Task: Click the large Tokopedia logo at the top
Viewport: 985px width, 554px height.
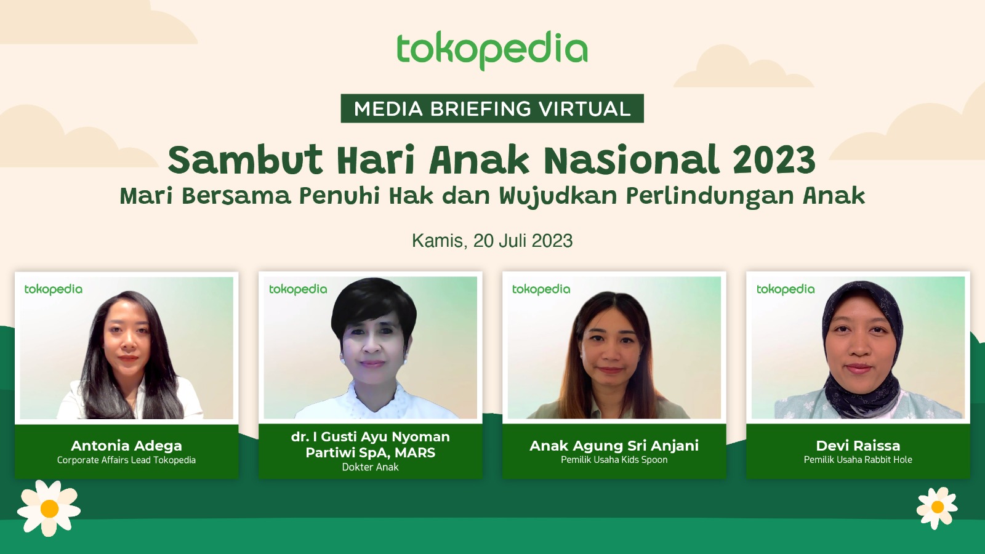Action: point(492,50)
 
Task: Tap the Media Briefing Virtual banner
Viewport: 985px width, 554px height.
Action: point(492,108)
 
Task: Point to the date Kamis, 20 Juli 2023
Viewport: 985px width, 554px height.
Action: point(492,241)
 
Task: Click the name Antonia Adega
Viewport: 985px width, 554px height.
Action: point(127,446)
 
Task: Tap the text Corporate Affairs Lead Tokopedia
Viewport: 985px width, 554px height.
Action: point(127,460)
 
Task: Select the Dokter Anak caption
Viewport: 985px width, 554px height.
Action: point(370,467)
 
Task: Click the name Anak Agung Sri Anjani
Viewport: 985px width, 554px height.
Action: point(614,446)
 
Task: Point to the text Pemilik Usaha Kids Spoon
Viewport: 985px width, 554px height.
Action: point(614,460)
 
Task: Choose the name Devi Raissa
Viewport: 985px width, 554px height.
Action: point(858,446)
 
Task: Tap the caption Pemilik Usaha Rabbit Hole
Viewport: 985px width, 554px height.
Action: point(858,460)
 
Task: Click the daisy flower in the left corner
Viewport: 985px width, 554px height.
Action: point(49,508)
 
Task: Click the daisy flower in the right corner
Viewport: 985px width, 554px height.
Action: point(937,507)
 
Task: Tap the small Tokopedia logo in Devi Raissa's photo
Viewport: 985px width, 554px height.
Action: point(786,289)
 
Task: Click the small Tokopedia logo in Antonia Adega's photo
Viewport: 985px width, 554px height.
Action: point(54,289)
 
